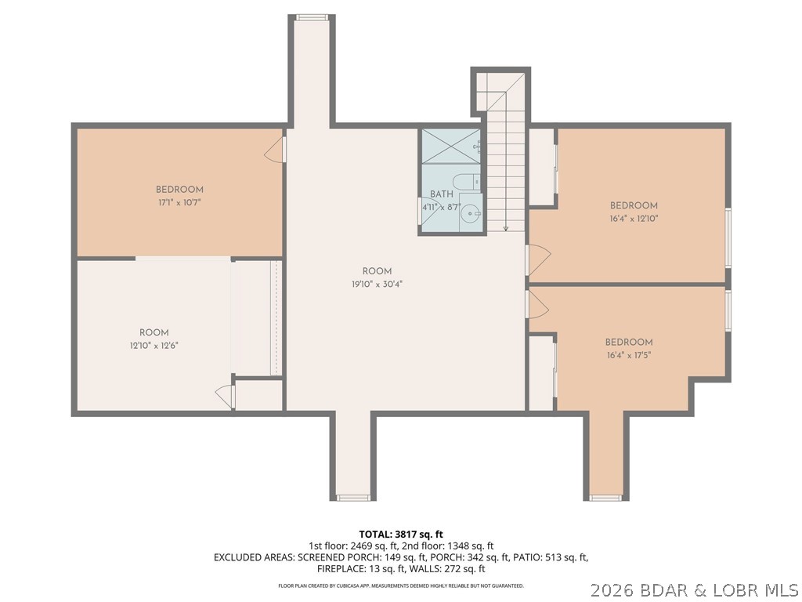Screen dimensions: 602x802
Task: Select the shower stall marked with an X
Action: [x=450, y=146]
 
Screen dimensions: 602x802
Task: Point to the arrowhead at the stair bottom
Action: [x=506, y=228]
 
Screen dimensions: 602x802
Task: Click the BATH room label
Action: [x=441, y=194]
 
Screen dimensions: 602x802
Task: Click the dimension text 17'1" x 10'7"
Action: [x=179, y=202]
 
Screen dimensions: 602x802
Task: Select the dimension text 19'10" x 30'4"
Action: [x=377, y=285]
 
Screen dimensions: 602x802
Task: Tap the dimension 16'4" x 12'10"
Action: [x=633, y=219]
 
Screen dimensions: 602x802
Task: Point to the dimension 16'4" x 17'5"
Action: [x=628, y=355]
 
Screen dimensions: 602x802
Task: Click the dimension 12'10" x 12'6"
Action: [x=154, y=345]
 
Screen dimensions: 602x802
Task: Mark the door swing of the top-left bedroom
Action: [x=274, y=150]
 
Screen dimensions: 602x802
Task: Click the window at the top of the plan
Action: [x=312, y=17]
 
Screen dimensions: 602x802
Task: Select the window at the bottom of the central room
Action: [x=353, y=497]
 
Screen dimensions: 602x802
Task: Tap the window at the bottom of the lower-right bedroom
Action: [x=605, y=497]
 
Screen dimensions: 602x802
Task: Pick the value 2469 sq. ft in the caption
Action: [x=372, y=546]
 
